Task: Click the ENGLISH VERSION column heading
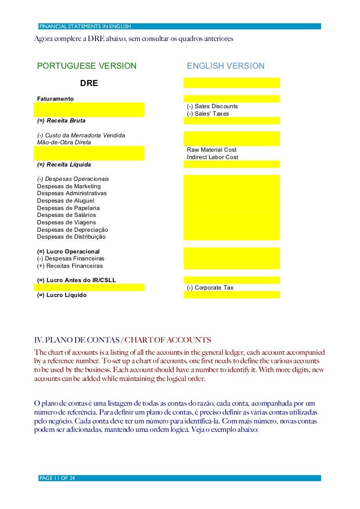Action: pos(225,66)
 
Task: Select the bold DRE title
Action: pos(89,83)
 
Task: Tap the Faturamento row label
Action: pos(55,99)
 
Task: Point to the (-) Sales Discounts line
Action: pos(212,106)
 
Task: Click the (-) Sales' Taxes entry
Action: pos(208,114)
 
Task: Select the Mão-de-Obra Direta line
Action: pos(64,142)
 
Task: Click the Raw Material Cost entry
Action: pos(212,150)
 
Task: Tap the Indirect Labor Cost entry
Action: pos(213,157)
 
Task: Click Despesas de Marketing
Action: pos(69,186)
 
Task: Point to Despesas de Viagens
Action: pos(66,222)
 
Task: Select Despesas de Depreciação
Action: pos(72,230)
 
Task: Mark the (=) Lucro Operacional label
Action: pos(68,252)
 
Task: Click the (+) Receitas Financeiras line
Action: pos(70,266)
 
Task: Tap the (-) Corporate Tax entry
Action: pos(210,288)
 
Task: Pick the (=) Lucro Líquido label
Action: pos(62,295)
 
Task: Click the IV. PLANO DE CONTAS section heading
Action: pos(122,340)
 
